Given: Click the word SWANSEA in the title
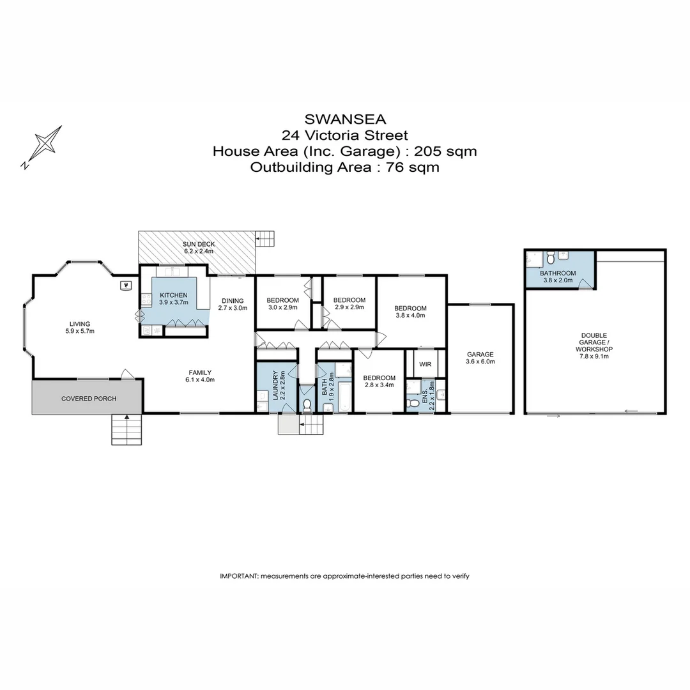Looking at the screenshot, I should pyautogui.click(x=344, y=119).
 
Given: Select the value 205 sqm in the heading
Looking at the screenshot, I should pyautogui.click(x=445, y=151).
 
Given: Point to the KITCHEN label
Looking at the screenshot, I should pyautogui.click(x=173, y=295).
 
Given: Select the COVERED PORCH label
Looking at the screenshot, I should pyautogui.click(x=89, y=399).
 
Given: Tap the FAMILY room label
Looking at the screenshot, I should pyautogui.click(x=200, y=372).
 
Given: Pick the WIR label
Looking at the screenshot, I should pyautogui.click(x=425, y=364).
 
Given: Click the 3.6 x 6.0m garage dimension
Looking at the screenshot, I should pyautogui.click(x=480, y=362).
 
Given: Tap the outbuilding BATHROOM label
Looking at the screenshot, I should pyautogui.click(x=558, y=273).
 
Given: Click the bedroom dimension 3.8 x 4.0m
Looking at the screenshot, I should pyautogui.click(x=410, y=316).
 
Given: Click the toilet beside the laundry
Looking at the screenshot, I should pyautogui.click(x=307, y=405).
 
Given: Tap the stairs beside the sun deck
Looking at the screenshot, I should pyautogui.click(x=265, y=240).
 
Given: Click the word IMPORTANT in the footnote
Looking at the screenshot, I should pyautogui.click(x=238, y=576).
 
